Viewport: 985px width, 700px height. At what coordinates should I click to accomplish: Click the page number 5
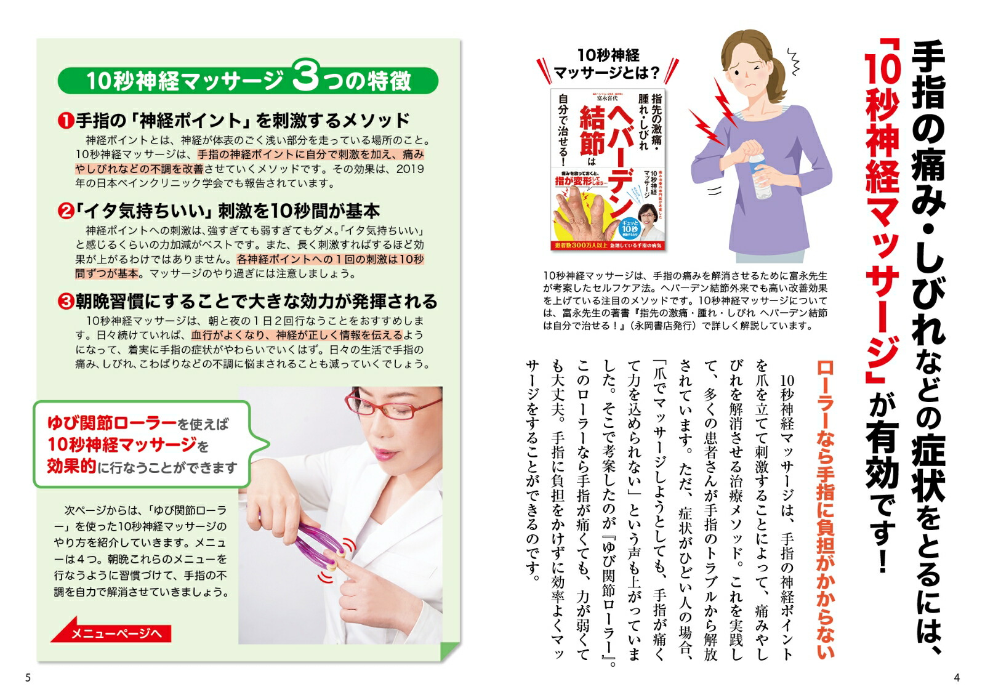(28, 678)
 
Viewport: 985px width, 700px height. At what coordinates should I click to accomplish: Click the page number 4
(956, 678)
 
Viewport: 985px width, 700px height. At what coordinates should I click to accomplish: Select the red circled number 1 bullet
(66, 121)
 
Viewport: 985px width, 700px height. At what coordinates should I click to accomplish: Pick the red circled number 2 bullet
(66, 212)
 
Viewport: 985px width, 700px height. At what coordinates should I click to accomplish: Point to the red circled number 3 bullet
(66, 302)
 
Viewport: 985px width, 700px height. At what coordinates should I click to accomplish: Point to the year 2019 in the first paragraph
(410, 169)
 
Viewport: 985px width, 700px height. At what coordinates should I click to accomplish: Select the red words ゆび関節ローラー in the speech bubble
(112, 423)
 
